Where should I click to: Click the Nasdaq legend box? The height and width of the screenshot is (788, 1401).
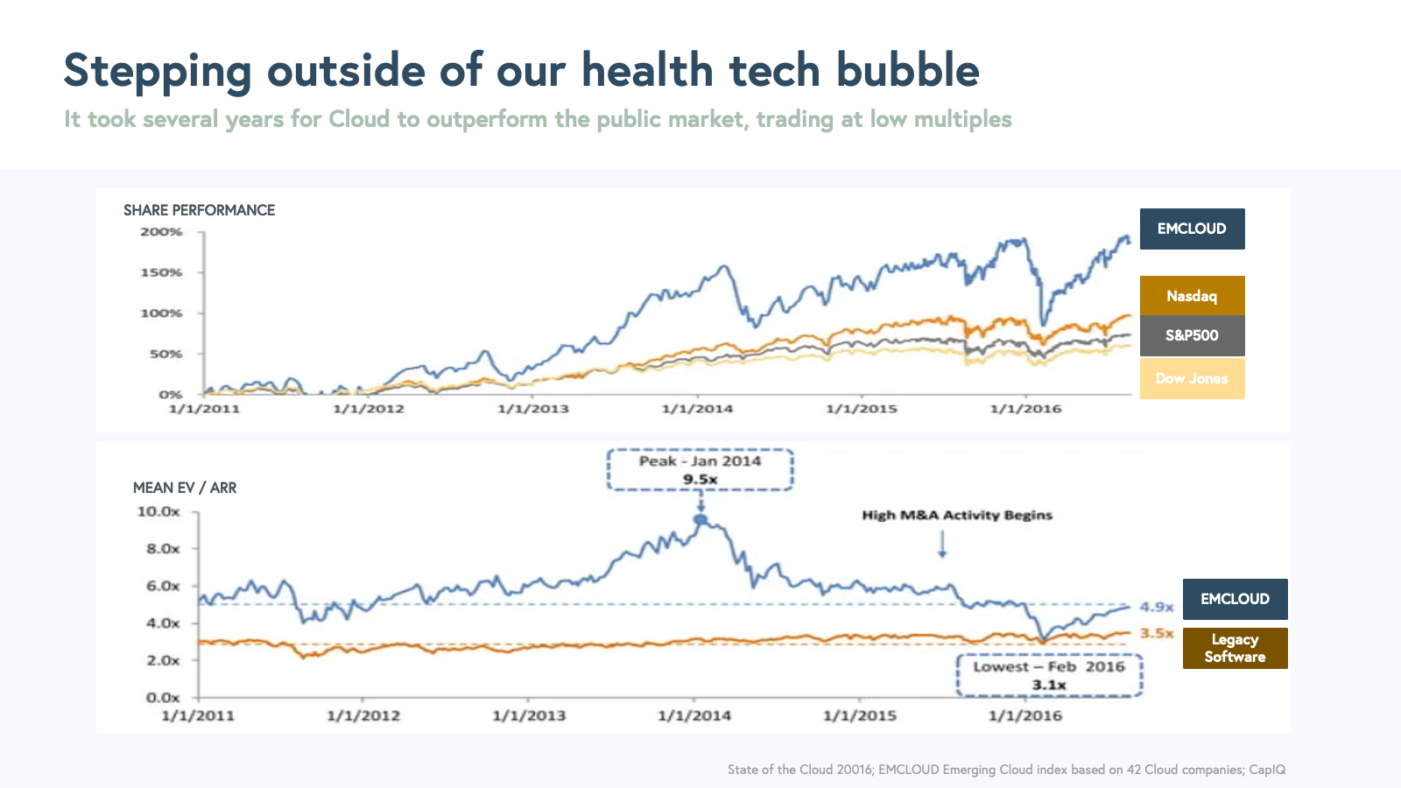pos(1192,296)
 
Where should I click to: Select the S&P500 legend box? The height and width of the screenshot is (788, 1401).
pos(1192,335)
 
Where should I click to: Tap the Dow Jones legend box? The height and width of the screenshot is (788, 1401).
pos(1192,378)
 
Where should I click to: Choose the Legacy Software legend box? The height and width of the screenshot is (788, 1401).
pos(1235,648)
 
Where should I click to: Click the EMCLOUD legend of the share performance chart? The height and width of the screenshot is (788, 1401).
pos(1192,229)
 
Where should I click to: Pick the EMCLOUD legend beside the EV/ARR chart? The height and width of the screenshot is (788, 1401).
pos(1235,599)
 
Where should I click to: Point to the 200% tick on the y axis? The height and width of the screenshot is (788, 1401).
pos(162,232)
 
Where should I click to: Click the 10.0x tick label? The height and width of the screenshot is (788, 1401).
pos(158,511)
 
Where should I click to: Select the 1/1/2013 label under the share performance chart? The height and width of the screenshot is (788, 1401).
pos(533,409)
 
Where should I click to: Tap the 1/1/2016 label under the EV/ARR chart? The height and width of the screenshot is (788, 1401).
pos(1025,715)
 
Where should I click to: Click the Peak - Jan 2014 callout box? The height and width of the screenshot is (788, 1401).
pos(700,470)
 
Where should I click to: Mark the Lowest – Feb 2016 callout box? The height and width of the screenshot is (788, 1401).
pos(1049,676)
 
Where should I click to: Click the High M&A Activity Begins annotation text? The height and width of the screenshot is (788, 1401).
pos(957,515)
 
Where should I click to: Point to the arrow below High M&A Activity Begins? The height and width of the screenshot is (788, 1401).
pos(942,545)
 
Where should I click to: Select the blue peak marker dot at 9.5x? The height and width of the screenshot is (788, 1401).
pos(700,520)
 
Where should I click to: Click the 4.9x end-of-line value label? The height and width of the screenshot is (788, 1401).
pos(1157,607)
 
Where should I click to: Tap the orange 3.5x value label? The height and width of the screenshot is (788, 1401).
pos(1157,633)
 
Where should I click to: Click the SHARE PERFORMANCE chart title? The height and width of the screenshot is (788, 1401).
pos(199,210)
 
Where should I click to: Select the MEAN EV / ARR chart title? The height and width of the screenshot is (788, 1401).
pos(185,488)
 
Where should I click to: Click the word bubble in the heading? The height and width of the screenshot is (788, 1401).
pos(907,70)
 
